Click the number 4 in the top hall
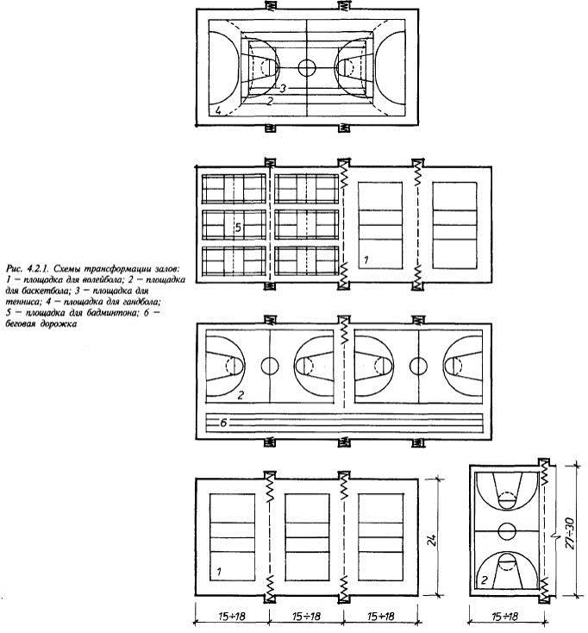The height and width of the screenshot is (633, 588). tap(218, 110)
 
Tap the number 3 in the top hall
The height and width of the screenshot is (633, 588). tap(283, 88)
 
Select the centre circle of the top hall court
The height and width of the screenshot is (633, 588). tap(307, 67)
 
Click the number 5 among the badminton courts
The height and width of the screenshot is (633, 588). tap(238, 228)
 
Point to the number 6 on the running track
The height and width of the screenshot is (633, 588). tap(223, 423)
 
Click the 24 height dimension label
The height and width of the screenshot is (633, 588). tap(432, 540)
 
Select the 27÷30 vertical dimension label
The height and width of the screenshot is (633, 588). tap(569, 533)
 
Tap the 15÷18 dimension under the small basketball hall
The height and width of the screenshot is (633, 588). tap(505, 617)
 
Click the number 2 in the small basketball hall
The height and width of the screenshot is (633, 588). tap(485, 580)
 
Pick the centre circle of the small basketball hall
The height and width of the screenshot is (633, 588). tap(507, 531)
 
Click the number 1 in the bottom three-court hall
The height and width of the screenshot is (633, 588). tap(218, 572)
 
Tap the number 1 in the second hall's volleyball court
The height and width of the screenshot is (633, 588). tap(366, 260)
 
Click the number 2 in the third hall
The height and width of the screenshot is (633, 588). tap(241, 395)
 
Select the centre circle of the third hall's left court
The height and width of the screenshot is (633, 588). tap(270, 366)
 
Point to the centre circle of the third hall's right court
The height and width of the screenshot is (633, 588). tap(418, 366)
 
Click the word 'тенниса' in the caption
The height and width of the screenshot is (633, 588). tap(21, 302)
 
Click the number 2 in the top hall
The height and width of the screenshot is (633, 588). tap(271, 101)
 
